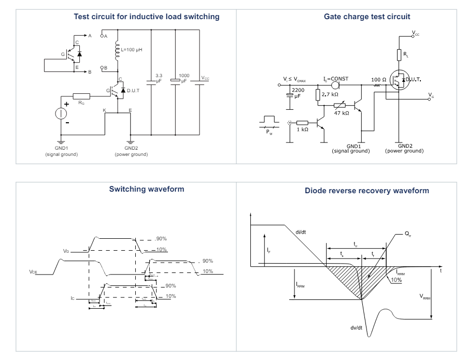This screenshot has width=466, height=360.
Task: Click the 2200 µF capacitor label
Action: pyautogui.click(x=299, y=93)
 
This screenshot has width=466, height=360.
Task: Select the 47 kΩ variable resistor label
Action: pyautogui.click(x=341, y=112)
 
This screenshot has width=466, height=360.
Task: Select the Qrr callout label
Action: pyautogui.click(x=407, y=234)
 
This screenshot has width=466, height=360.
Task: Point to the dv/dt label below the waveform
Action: pyautogui.click(x=356, y=327)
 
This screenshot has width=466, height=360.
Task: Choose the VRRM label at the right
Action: pyautogui.click(x=426, y=297)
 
